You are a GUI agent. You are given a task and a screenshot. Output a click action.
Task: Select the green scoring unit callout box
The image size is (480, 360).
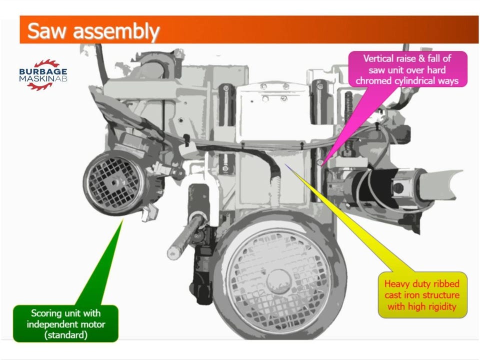click(65, 324)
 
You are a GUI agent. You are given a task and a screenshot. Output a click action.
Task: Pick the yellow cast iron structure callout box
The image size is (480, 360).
click(422, 295)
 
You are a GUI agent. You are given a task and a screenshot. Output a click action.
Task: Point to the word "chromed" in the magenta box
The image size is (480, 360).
click(377, 80)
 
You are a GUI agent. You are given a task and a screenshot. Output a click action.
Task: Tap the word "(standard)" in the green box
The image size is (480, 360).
click(65, 335)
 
